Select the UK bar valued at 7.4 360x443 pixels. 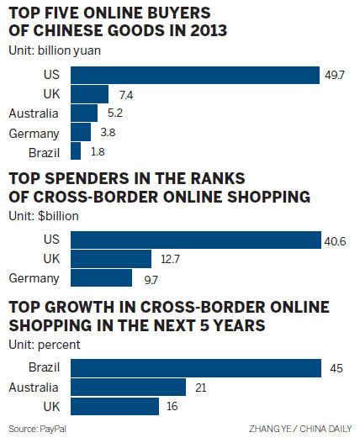coord(90,93)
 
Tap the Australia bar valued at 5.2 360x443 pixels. coord(85,113)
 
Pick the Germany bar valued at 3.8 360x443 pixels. coord(81,132)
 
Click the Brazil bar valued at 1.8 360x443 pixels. coord(76,151)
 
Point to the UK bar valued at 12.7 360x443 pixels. coord(110,258)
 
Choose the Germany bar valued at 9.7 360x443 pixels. coord(101,277)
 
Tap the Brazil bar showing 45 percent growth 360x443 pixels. coord(196,368)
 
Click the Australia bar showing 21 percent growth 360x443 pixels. coord(128,387)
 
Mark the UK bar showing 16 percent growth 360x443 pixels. coord(114,406)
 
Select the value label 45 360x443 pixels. coord(336,368)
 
